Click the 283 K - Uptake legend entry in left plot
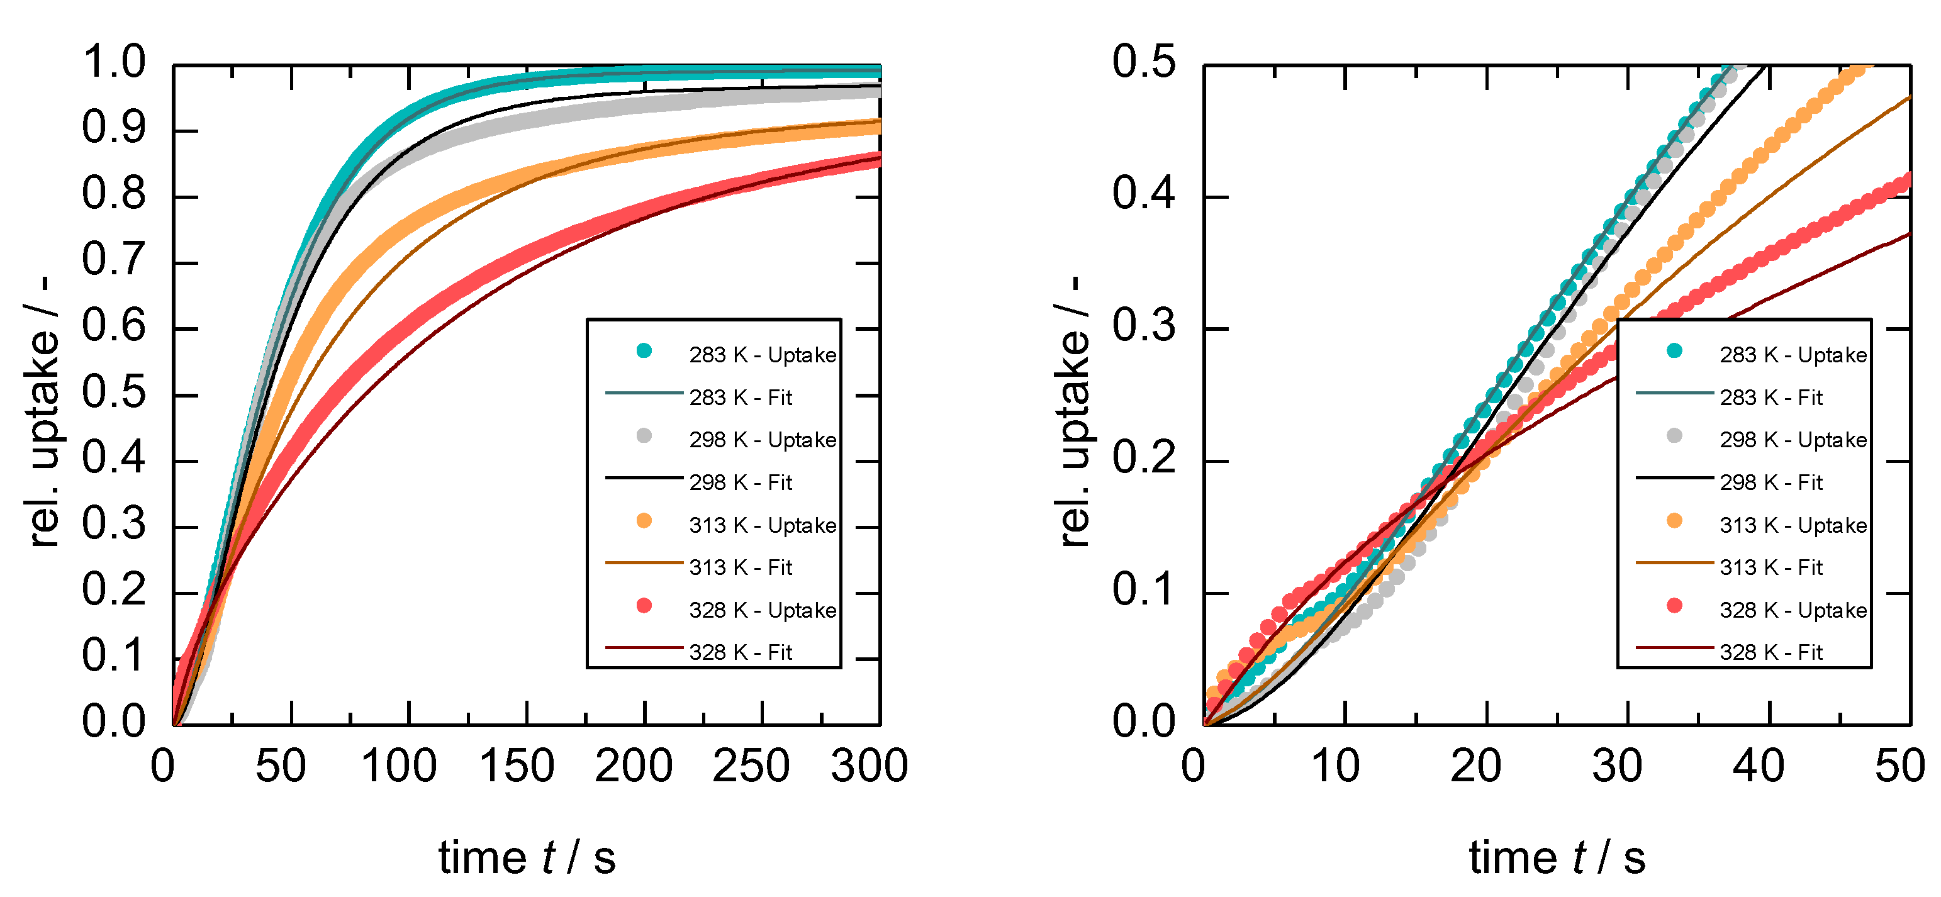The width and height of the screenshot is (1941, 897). click(x=762, y=355)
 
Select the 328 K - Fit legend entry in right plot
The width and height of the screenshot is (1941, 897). click(x=1770, y=652)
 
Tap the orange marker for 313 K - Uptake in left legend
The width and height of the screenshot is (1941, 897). click(x=644, y=521)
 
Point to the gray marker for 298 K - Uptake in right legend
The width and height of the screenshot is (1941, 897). click(x=1674, y=436)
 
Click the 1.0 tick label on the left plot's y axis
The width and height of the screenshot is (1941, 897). click(x=114, y=62)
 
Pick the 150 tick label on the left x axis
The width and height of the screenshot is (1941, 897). click(x=517, y=767)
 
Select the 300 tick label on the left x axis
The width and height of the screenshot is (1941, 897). click(x=869, y=767)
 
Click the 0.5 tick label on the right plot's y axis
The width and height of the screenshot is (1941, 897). click(x=1143, y=62)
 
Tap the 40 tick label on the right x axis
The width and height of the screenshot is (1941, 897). click(x=1758, y=767)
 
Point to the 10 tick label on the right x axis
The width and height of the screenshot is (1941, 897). click(x=1335, y=767)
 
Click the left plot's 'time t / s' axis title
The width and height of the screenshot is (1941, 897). click(x=527, y=858)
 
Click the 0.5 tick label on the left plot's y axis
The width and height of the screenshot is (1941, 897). click(x=114, y=392)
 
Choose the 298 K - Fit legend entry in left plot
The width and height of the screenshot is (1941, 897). click(x=740, y=482)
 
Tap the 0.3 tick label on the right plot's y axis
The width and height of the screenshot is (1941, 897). click(x=1143, y=326)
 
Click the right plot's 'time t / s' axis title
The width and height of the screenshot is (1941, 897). click(x=1557, y=858)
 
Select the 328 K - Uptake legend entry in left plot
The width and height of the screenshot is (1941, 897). click(x=762, y=610)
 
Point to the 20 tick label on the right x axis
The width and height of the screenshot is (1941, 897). click(x=1475, y=767)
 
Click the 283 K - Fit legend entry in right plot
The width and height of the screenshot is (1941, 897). click(x=1770, y=398)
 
